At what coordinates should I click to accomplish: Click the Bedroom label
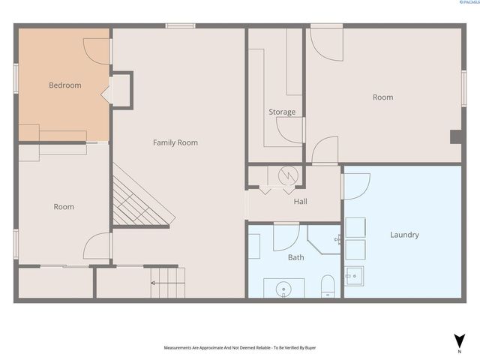click(64, 85)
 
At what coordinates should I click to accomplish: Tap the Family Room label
click(175, 142)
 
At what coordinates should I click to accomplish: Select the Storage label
click(282, 112)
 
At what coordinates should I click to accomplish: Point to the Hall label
click(300, 201)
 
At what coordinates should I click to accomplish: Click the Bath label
click(295, 256)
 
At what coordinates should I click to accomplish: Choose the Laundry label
click(404, 235)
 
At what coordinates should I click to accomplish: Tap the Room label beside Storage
click(382, 97)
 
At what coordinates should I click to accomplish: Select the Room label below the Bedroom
click(64, 207)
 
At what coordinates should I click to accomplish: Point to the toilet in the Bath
click(328, 287)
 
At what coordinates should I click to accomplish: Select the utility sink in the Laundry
click(353, 277)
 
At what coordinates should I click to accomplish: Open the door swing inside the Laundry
click(355, 184)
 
